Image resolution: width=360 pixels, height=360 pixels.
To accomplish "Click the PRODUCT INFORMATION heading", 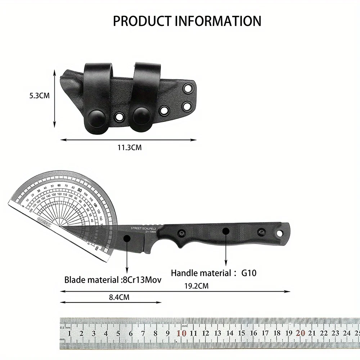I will pos(187,21).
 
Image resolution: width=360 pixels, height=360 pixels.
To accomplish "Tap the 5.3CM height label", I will pos(40,96).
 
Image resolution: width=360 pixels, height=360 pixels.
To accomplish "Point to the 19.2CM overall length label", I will pos(197,286).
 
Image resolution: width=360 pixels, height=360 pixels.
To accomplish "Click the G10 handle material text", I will pos(249,273).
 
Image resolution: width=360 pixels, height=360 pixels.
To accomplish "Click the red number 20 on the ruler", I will pos(300,333).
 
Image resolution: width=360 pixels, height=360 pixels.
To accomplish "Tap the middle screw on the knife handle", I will pos(226,231).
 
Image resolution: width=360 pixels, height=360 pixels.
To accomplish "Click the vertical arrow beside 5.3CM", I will pos(55,98).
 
